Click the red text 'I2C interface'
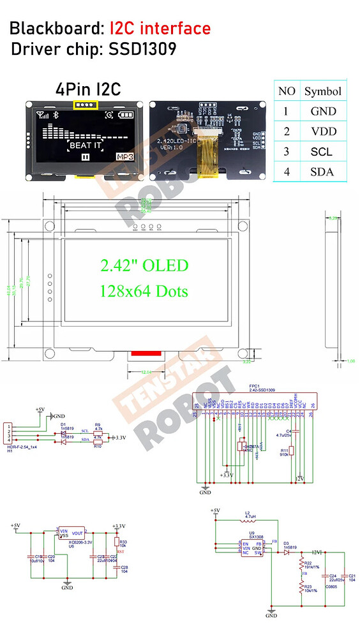pos(160,28)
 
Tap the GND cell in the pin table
pos(322,111)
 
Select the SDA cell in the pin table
pos(322,172)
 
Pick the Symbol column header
pos(322,91)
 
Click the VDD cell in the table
pos(322,131)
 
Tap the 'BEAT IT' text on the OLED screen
pos(84,145)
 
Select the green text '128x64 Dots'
pos(144,290)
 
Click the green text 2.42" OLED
pos(144,265)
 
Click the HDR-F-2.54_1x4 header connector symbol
pos(8,434)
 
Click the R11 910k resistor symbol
pos(285,452)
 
